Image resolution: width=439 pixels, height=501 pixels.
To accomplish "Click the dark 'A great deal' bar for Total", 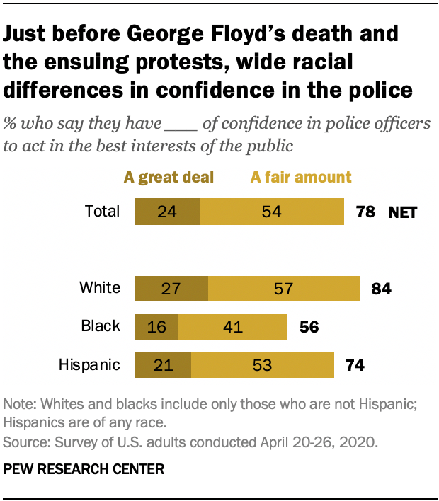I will pyautogui.click(x=167, y=212).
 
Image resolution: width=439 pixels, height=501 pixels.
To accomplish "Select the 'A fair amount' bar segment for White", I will pyautogui.click(x=284, y=288).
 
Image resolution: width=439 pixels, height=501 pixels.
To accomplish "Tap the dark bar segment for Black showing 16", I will pyautogui.click(x=156, y=327).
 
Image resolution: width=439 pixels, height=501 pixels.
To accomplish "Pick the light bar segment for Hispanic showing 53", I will pyautogui.click(x=262, y=365).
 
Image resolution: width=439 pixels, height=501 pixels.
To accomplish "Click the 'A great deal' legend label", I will pyautogui.click(x=169, y=177).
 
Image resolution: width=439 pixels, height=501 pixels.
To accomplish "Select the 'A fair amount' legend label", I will pyautogui.click(x=301, y=177).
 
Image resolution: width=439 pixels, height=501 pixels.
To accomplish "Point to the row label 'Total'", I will pyautogui.click(x=101, y=212).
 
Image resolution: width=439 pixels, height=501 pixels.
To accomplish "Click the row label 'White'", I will pyautogui.click(x=100, y=288).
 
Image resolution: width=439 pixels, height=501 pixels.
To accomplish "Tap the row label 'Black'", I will pyautogui.click(x=101, y=327).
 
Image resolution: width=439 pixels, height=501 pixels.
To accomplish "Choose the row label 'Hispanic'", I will pyautogui.click(x=89, y=365).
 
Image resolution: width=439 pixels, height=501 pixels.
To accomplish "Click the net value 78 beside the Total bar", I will pyautogui.click(x=365, y=212).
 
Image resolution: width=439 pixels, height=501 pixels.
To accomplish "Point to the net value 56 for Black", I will pyautogui.click(x=309, y=327).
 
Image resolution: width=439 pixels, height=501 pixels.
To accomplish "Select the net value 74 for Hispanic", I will pyautogui.click(x=354, y=365).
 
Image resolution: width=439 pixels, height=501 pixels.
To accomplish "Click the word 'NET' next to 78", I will pyautogui.click(x=403, y=212).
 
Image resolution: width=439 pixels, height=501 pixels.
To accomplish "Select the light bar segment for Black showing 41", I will pyautogui.click(x=233, y=327).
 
